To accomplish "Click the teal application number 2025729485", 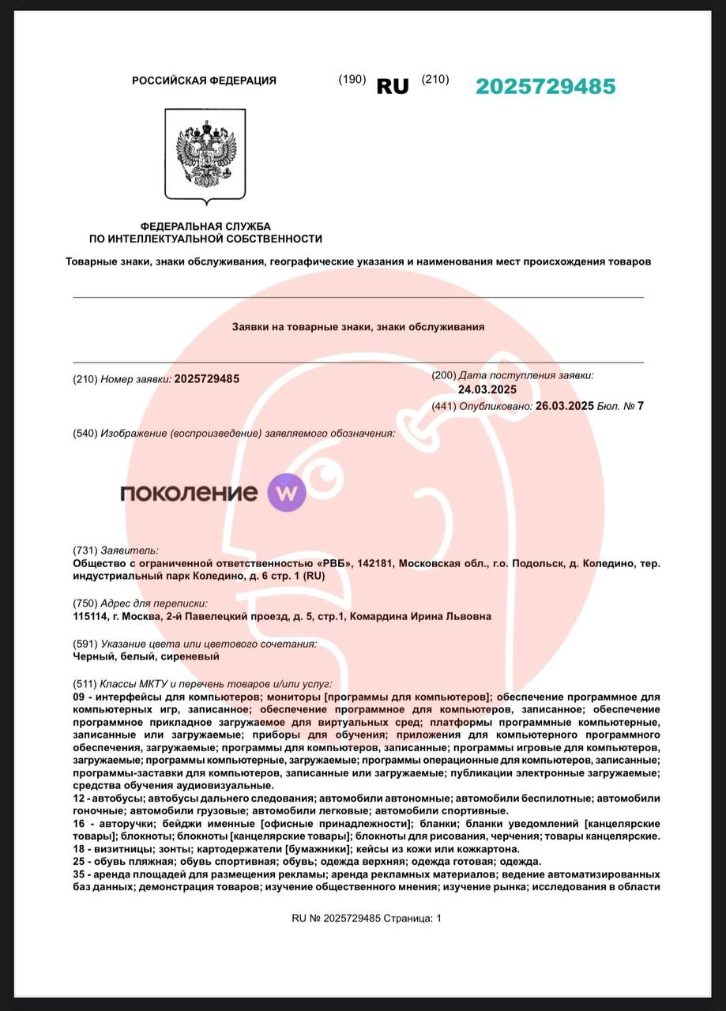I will click(x=545, y=87).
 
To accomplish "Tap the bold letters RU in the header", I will click(x=393, y=87).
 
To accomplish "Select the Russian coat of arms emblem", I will click(x=205, y=154).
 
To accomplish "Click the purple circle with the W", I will click(x=286, y=493).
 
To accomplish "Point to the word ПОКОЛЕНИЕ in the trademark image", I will click(x=189, y=494).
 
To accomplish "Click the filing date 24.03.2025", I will click(x=487, y=389).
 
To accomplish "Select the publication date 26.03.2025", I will click(x=564, y=406).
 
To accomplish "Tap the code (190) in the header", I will click(x=352, y=79).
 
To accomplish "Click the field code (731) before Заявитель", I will click(x=85, y=551).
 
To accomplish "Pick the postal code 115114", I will click(x=89, y=616).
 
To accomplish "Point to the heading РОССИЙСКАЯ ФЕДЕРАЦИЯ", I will click(x=204, y=81).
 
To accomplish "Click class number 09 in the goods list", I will click(x=78, y=697).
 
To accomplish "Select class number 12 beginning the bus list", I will click(x=78, y=799).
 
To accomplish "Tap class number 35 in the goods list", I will click(x=78, y=874).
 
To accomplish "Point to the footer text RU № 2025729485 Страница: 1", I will click(x=367, y=918).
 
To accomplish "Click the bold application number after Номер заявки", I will click(x=207, y=379).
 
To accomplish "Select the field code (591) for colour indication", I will click(x=85, y=644).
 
